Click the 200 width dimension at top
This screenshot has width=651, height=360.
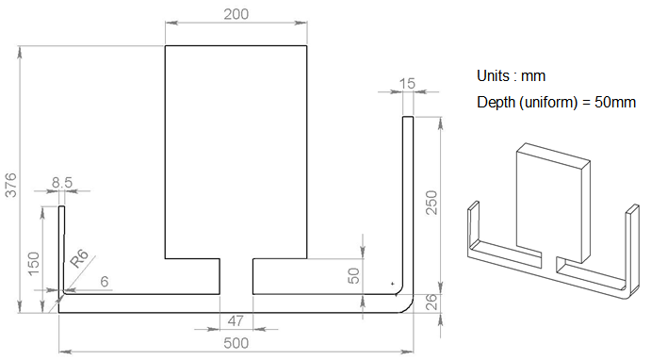(x=236, y=14)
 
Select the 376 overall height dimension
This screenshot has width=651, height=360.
(x=10, y=186)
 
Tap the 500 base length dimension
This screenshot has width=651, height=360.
(x=236, y=343)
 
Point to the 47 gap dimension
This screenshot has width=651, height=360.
(x=236, y=321)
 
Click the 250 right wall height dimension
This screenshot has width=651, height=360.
(x=432, y=203)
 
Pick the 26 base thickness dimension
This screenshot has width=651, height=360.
(x=431, y=302)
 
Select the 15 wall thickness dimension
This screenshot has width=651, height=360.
(x=407, y=84)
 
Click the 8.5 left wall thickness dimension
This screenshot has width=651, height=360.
(x=62, y=182)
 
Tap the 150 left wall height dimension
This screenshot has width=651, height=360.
(x=33, y=263)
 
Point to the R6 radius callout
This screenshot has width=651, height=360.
(x=79, y=258)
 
